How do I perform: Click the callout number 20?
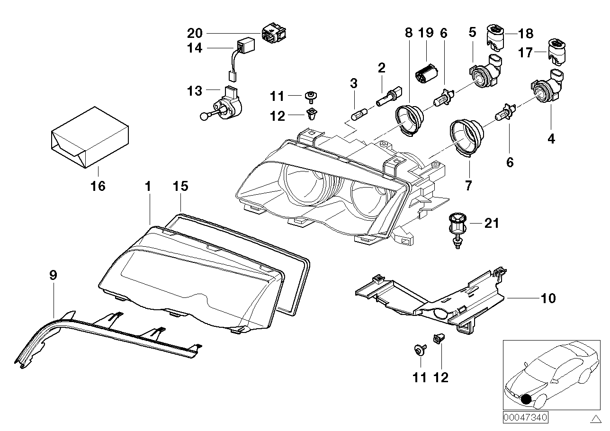click(x=195, y=33)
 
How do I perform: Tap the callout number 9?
click(x=53, y=275)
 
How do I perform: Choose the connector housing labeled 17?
click(x=558, y=51)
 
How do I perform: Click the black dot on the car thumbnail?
click(x=526, y=399)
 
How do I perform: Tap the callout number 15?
click(x=180, y=186)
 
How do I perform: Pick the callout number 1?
click(x=148, y=186)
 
